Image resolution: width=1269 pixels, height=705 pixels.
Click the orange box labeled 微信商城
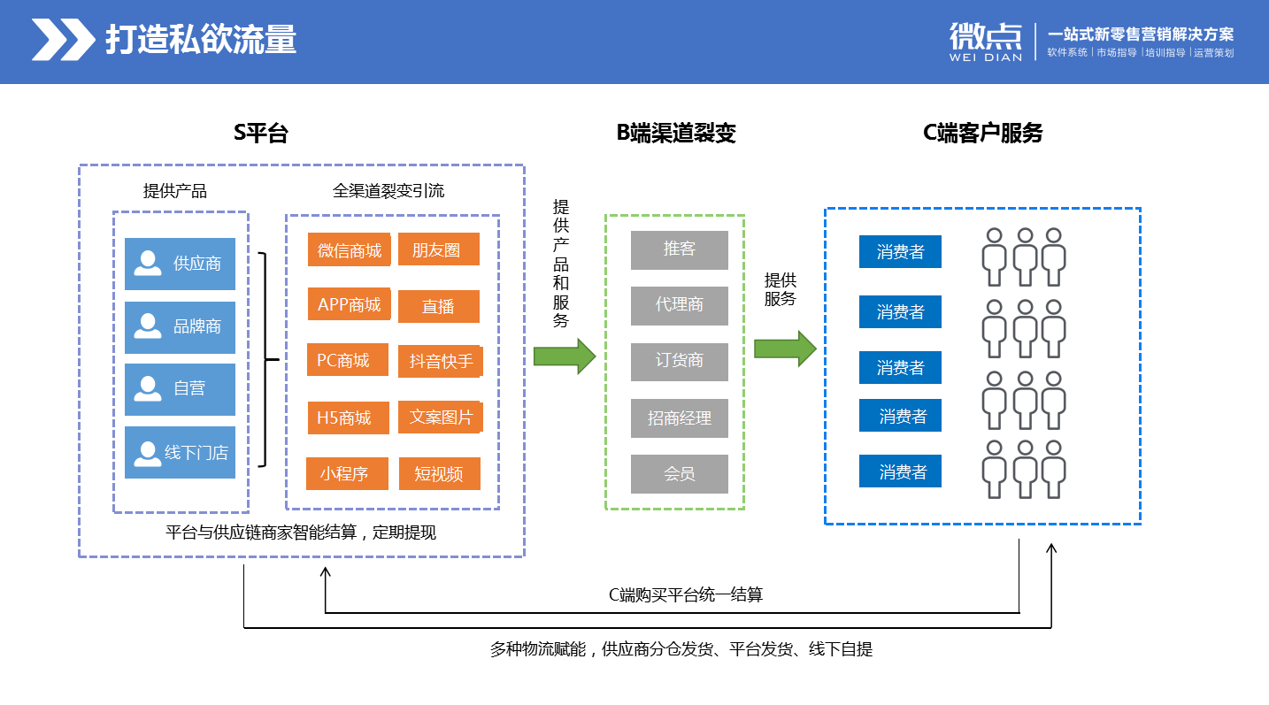click(349, 249)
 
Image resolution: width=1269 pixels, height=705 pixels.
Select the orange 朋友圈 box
click(438, 249)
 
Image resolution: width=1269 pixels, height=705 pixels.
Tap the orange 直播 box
click(438, 306)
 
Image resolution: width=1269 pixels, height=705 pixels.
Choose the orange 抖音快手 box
click(440, 361)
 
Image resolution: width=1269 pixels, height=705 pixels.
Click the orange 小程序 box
click(347, 473)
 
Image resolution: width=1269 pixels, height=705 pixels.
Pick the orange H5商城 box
click(348, 418)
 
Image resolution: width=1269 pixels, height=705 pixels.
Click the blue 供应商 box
click(180, 264)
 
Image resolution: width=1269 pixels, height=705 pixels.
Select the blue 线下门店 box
click(180, 452)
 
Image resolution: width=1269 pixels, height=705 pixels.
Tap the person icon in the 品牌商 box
click(147, 326)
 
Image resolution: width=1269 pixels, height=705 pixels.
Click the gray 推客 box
click(680, 249)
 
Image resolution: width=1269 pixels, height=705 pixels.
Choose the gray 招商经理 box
click(680, 418)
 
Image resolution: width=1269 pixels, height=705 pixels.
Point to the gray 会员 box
click(680, 473)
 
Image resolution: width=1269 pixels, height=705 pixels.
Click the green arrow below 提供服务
click(785, 349)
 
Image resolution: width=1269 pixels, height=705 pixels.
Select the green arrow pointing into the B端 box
click(565, 356)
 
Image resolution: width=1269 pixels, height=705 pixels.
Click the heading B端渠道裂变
click(676, 133)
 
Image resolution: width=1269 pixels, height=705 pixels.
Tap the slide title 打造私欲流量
click(201, 39)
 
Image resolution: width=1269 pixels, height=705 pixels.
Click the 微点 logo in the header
click(986, 41)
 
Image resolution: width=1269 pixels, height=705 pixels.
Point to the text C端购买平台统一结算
click(686, 594)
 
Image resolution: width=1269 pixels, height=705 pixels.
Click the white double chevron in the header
click(64, 39)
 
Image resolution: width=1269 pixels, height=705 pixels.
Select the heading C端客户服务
click(983, 133)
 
